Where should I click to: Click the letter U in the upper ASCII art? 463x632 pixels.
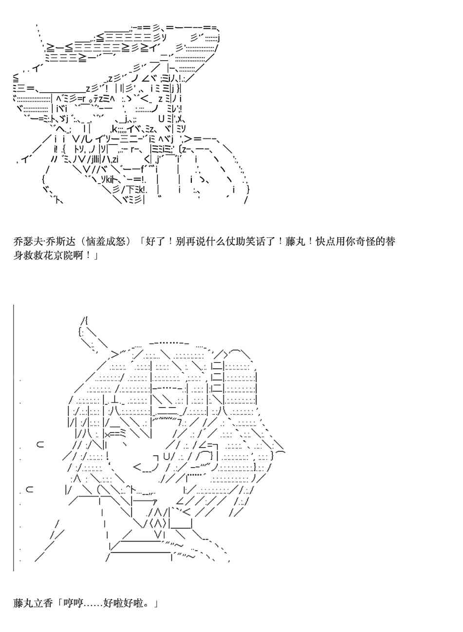click(161, 118)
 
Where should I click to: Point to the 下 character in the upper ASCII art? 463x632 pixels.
click(131, 190)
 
